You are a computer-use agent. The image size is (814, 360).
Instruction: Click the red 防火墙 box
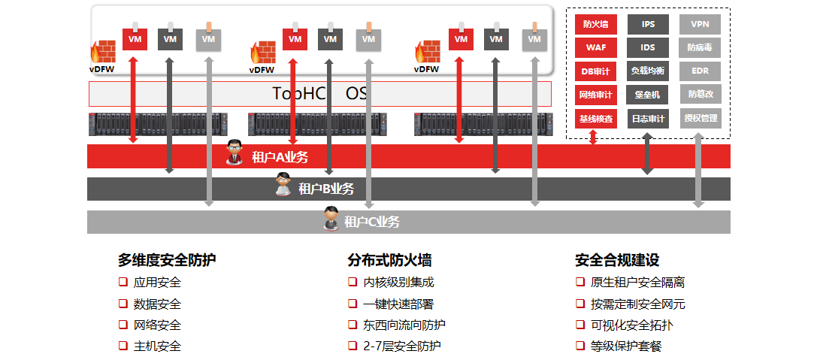tap(596, 24)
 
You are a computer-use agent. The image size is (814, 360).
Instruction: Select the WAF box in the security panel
tap(596, 47)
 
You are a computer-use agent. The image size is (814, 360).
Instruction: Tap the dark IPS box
tap(648, 24)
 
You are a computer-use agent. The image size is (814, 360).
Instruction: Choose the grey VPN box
tap(700, 24)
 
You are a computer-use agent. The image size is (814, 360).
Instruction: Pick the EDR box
tap(700, 71)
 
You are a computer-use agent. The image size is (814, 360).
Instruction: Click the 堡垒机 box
tap(648, 95)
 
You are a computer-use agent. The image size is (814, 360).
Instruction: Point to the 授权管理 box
tap(700, 118)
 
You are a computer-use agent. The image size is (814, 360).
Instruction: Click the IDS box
tap(648, 47)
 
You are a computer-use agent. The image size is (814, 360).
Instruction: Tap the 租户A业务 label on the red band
tap(280, 157)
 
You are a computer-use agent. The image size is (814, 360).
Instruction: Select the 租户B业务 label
tap(326, 189)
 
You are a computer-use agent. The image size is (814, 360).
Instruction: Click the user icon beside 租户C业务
tap(331, 219)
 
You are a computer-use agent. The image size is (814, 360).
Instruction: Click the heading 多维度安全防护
tap(167, 260)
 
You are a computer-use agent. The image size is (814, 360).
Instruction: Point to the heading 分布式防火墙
tap(389, 260)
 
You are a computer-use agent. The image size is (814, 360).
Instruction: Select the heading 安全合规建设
tap(617, 260)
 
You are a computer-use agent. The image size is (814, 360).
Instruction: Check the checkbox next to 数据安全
tap(123, 304)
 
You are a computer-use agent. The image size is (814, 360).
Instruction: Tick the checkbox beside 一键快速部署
tap(352, 304)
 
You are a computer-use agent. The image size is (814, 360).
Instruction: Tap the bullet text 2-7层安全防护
tap(401, 346)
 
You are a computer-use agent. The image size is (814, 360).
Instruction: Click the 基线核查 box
tap(596, 118)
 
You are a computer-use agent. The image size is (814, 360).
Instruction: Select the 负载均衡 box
tap(648, 71)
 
